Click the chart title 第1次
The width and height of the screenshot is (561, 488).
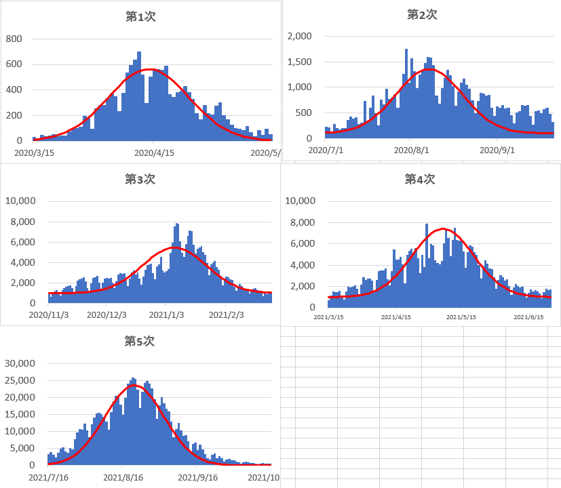point(141,16)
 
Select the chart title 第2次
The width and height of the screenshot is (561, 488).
point(422,14)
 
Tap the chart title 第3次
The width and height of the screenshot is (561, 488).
point(140,180)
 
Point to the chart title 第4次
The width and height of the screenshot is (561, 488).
point(420,179)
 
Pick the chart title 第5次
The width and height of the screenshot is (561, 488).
point(140,342)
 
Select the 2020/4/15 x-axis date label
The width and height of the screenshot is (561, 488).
point(155,152)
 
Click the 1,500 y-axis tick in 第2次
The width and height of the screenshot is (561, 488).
point(299,62)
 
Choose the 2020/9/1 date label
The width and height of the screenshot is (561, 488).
point(497,150)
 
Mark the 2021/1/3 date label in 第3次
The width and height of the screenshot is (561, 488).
point(167,314)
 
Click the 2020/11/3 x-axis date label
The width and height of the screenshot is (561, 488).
point(49,314)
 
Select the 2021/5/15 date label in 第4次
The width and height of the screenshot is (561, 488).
point(460,317)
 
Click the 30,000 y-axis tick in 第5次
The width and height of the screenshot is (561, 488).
point(20,363)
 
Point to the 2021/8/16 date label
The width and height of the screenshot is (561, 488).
point(122,477)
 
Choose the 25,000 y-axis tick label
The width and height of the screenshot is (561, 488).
point(20,380)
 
